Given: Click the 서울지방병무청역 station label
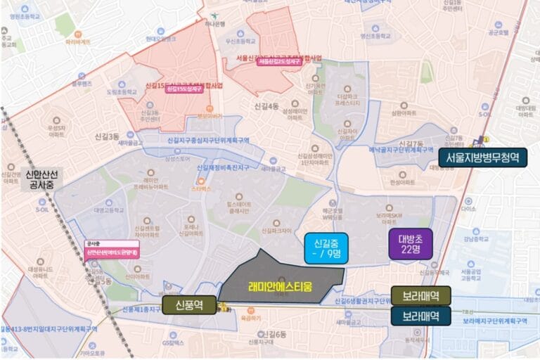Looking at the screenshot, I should pos(483,157).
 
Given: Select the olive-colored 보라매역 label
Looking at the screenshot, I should pos(421,296).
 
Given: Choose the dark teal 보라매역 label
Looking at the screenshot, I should pos(421,316).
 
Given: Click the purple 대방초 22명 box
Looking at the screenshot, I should pos(410,244).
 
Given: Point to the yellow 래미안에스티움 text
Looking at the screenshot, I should pos(280,286).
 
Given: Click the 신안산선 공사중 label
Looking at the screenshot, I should pos(43,179).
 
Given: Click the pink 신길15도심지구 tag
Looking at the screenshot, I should pos(183,89).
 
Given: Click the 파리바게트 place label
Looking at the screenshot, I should pos(78,41).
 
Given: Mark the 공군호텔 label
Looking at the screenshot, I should pos(497,32).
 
